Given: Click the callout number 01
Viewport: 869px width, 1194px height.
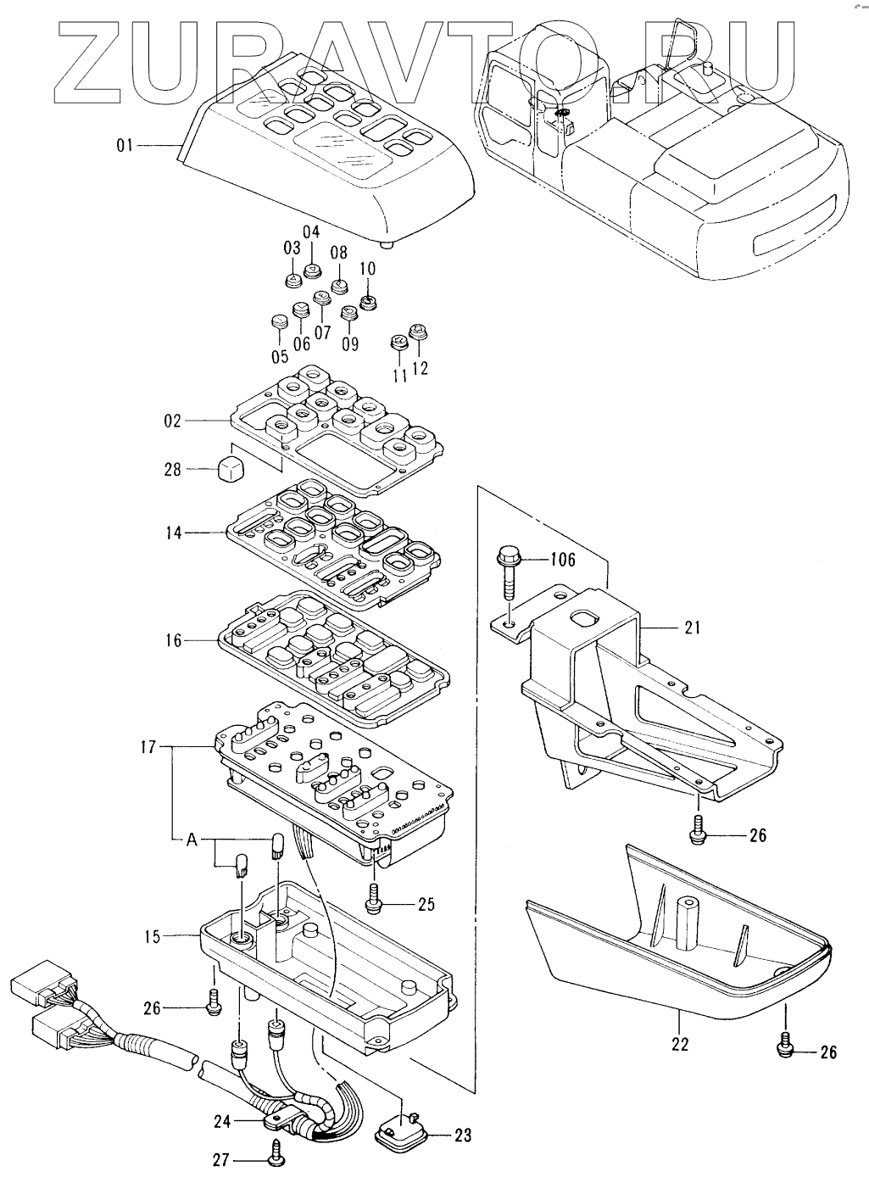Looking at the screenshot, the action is [x=125, y=145].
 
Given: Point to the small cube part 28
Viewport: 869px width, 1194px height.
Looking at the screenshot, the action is [x=231, y=469].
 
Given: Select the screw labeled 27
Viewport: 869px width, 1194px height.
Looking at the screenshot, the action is [x=276, y=1156].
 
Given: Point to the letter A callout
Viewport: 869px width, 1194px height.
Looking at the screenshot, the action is [x=192, y=840].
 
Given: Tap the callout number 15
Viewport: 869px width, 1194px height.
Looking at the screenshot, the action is [x=153, y=936].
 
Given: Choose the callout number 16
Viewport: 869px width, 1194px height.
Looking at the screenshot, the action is [x=174, y=639].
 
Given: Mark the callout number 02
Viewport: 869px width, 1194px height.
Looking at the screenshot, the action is [x=173, y=421].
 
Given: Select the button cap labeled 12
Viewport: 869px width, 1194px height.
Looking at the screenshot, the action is [x=417, y=332].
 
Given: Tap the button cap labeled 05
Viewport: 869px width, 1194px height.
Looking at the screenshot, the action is [x=279, y=321].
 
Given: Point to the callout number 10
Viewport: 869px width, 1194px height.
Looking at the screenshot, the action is [x=368, y=268].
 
